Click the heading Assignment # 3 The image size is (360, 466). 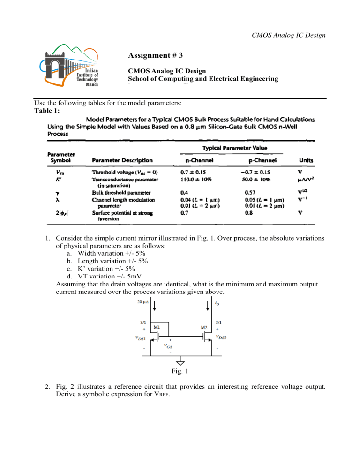tap(155, 55)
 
